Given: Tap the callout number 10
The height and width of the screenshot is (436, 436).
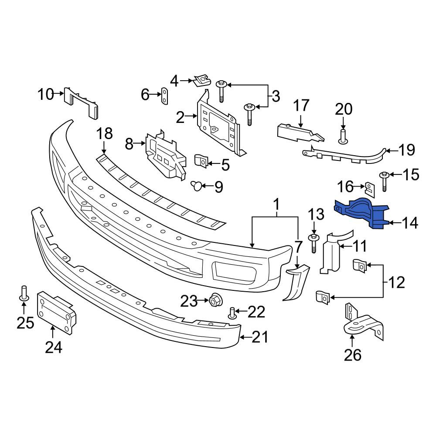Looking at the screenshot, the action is [46, 94].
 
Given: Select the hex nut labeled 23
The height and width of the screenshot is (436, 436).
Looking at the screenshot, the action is [214, 300].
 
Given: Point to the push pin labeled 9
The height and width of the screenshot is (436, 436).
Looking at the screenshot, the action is [197, 185].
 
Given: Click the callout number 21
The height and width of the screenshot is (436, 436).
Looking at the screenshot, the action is [260, 337].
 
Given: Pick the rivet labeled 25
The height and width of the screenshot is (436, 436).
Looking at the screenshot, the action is [24, 293].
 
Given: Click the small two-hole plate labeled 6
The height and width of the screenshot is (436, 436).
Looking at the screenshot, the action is [165, 95].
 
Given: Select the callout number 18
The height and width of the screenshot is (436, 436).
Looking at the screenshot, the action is [104, 133].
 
